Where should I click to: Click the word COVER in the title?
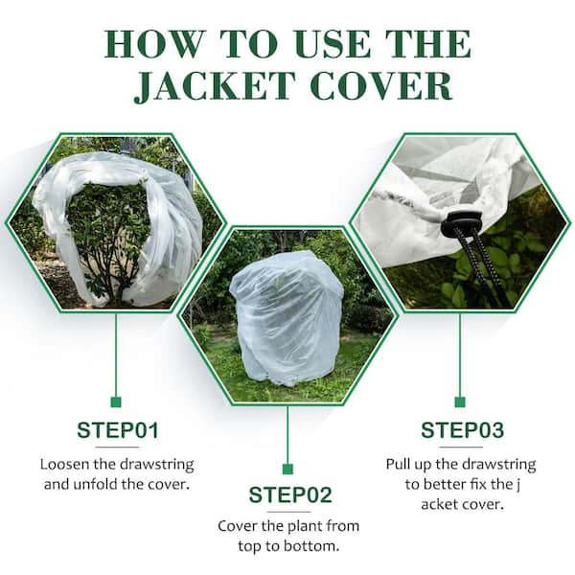[x=388, y=84]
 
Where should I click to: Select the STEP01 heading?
[x=117, y=429]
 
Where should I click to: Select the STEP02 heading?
[x=289, y=494]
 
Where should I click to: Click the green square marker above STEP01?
[x=116, y=402]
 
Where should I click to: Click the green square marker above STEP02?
[x=287, y=469]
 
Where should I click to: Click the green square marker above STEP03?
[x=460, y=402]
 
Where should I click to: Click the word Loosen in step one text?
[x=65, y=465]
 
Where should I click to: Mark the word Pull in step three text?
[x=400, y=465]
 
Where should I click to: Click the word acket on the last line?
[x=433, y=503]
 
